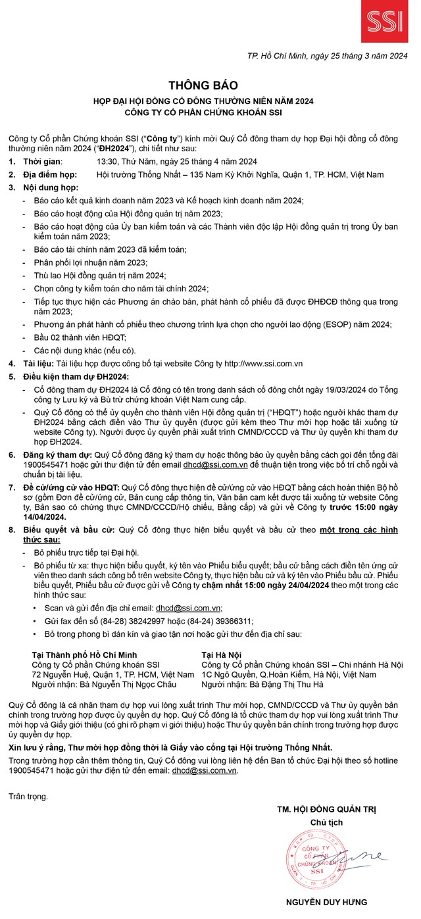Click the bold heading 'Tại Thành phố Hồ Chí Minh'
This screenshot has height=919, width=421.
84,655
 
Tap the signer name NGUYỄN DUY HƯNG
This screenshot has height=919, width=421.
327,902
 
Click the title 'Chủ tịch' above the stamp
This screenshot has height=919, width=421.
327,822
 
